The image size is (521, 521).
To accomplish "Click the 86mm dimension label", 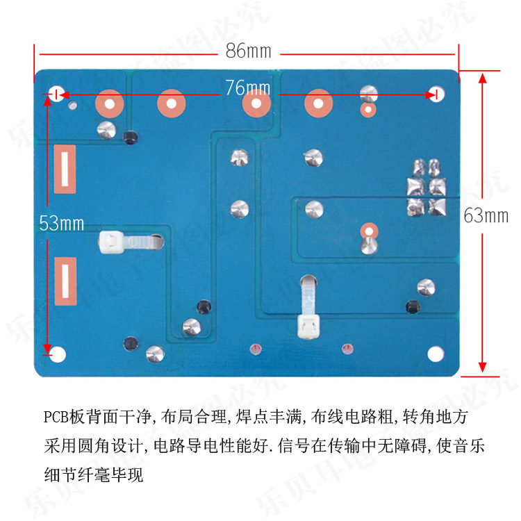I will [248, 51].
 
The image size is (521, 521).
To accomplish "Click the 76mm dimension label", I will [248, 88].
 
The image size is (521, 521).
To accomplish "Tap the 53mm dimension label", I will [61, 223].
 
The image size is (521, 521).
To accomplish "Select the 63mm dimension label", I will [486, 215].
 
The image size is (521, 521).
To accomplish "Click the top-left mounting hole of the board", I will [56, 94].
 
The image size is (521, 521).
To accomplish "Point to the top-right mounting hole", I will [435, 94].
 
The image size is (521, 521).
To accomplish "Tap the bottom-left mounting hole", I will [56, 354].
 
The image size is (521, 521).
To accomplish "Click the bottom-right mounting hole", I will [435, 354].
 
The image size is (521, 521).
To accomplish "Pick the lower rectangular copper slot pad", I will [65, 281].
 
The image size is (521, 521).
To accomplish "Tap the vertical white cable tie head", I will [307, 324].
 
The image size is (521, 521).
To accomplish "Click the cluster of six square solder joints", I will [426, 186].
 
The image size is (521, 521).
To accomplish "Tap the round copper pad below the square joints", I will [368, 231].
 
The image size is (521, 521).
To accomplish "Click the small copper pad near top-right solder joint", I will [368, 109].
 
